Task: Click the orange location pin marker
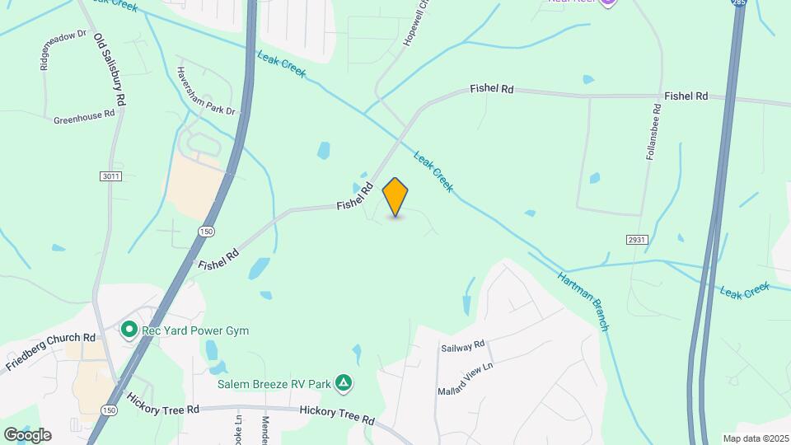tap(395, 196)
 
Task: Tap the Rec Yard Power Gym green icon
tap(129, 330)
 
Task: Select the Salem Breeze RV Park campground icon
tap(344, 383)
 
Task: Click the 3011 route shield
tap(110, 176)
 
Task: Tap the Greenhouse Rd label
tap(84, 118)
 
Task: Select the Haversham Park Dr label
tap(206, 91)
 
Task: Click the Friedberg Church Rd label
tap(51, 350)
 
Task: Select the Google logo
tap(27, 434)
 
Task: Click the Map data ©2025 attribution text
tap(754, 438)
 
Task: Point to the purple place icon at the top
tap(608, 2)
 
